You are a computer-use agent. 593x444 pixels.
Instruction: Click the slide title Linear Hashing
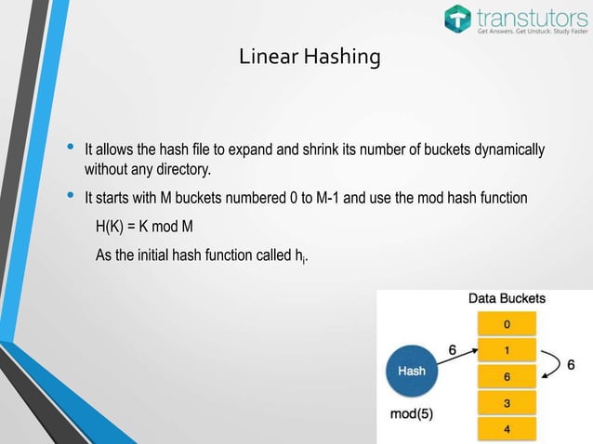310,58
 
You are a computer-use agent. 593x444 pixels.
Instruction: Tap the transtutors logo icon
458,18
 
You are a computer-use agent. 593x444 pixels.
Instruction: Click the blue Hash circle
412,370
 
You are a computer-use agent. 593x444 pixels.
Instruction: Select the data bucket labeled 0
507,324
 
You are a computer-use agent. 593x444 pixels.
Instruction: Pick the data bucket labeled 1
507,351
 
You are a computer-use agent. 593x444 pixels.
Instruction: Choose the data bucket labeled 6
507,377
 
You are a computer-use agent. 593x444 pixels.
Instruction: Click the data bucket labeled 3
507,404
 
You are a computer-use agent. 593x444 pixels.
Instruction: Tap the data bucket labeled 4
507,430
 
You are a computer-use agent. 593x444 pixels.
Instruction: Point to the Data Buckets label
507,299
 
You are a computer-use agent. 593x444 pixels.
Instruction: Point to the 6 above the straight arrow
453,350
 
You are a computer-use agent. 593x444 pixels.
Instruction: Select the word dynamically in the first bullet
509,150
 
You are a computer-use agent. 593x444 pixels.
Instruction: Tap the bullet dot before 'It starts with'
68,198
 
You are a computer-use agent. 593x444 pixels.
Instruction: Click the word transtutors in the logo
527,16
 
